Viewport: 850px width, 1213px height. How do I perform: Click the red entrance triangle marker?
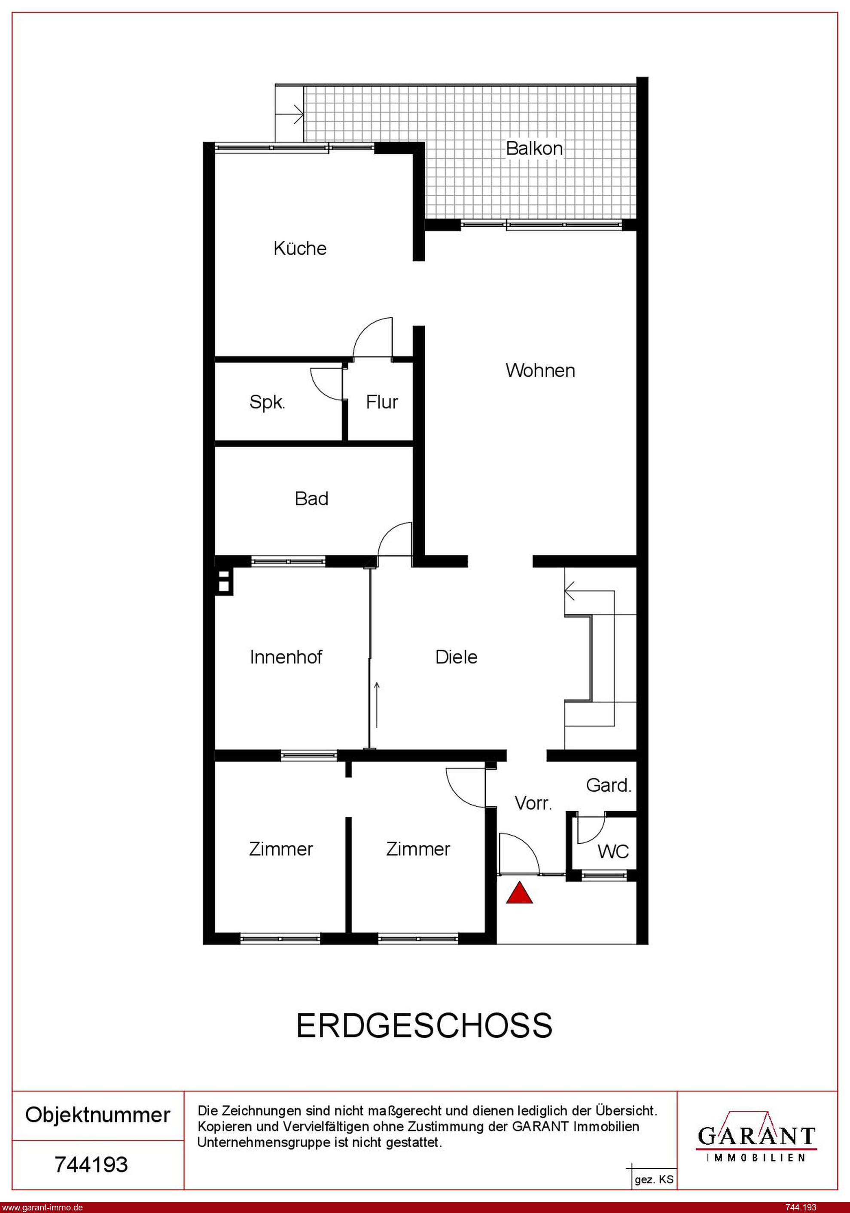point(519,892)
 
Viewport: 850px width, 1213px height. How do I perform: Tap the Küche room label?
point(300,248)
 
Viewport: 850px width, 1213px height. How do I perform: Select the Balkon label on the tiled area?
point(534,149)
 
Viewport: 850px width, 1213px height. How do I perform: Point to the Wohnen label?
point(540,371)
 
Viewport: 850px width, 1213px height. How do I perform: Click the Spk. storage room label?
point(267,403)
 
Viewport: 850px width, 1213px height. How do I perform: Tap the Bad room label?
point(311,498)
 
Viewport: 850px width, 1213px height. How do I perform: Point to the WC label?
point(613,851)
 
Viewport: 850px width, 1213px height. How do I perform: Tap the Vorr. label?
point(533,803)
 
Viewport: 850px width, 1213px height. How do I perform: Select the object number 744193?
point(91,1164)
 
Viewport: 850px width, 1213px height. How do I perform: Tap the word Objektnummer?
point(98,1115)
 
